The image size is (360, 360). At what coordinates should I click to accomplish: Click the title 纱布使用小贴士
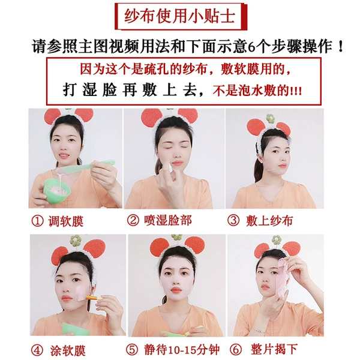point(180,16)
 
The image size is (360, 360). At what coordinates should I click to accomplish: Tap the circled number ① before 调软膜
point(37,221)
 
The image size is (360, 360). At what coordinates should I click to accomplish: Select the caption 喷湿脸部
point(168,220)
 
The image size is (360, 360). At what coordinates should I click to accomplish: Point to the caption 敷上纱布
point(269,221)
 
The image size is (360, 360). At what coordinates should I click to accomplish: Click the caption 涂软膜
point(68,350)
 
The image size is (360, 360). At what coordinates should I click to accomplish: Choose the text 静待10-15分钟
point(182,350)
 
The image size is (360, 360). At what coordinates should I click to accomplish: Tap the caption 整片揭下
point(274,349)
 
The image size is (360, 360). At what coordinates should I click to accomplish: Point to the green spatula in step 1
point(86,166)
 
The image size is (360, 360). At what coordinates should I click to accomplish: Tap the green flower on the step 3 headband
point(270,118)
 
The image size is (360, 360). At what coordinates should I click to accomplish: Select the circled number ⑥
point(236,350)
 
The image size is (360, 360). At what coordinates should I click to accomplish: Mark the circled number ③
point(233,221)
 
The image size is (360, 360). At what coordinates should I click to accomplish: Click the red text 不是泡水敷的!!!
point(257,91)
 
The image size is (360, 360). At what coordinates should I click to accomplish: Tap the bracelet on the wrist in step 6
point(258,331)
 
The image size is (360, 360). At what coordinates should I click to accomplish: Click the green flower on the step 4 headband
point(76,240)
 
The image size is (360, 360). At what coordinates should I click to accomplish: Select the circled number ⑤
point(132,350)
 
